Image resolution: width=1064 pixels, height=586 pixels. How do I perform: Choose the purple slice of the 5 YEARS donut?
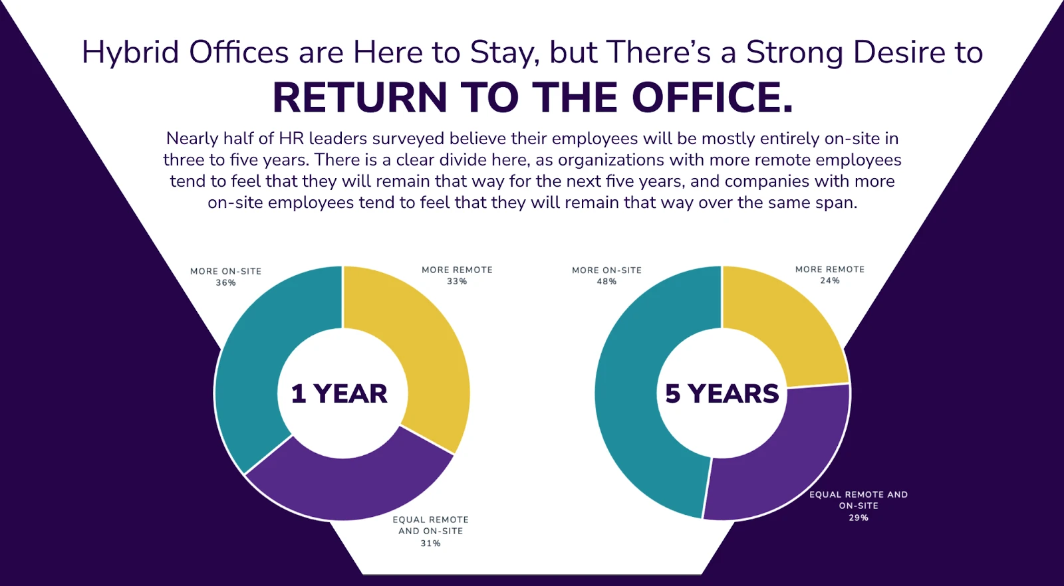798,460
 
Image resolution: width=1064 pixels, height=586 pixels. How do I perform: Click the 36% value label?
225,283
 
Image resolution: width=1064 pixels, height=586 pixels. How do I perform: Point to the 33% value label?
457,282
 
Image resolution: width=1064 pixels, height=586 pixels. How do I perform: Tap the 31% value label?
430,543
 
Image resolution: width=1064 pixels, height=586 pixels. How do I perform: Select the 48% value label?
606,282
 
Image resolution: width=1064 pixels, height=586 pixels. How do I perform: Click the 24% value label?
830,280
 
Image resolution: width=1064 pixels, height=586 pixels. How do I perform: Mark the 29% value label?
859,518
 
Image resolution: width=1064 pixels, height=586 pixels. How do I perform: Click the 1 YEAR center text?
339,394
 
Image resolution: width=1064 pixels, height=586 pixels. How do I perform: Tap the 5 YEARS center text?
722,394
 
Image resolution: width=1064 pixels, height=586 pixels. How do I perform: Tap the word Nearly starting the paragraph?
192,139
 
